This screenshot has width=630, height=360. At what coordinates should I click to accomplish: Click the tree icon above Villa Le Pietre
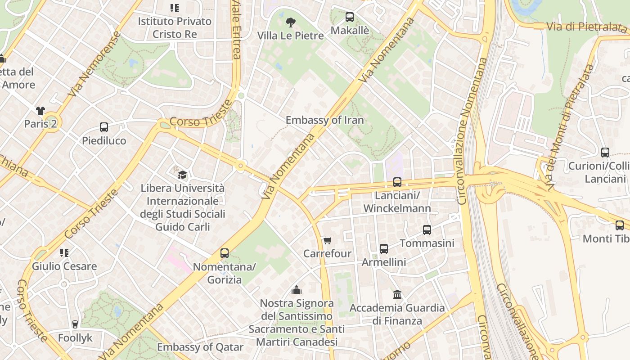(291, 22)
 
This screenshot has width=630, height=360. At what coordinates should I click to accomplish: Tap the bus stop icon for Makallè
(350, 18)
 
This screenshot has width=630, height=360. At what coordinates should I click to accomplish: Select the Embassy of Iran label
(324, 120)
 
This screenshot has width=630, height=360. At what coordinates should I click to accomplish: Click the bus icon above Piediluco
(104, 127)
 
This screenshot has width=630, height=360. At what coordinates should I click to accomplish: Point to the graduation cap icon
(182, 174)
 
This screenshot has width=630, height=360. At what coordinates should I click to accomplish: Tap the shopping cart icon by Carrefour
(327, 241)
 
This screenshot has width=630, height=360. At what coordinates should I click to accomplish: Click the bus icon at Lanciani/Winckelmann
(397, 182)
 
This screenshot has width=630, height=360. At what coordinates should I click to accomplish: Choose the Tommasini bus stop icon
(427, 230)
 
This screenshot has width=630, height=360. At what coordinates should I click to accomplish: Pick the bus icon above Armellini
(384, 249)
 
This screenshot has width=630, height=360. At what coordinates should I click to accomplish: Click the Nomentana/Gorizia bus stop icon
(225, 253)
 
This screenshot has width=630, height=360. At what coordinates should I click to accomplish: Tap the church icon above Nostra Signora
(297, 290)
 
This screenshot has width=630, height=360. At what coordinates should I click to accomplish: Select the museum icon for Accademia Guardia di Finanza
(397, 295)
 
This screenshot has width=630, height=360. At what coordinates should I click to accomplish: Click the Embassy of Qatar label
(200, 347)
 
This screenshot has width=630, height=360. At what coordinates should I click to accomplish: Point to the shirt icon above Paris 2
(40, 111)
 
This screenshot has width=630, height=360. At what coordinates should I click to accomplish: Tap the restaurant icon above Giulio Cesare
(64, 253)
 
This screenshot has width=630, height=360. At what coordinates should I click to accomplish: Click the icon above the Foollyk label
(75, 324)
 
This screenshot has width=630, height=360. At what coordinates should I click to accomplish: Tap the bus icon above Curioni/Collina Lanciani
(605, 153)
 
